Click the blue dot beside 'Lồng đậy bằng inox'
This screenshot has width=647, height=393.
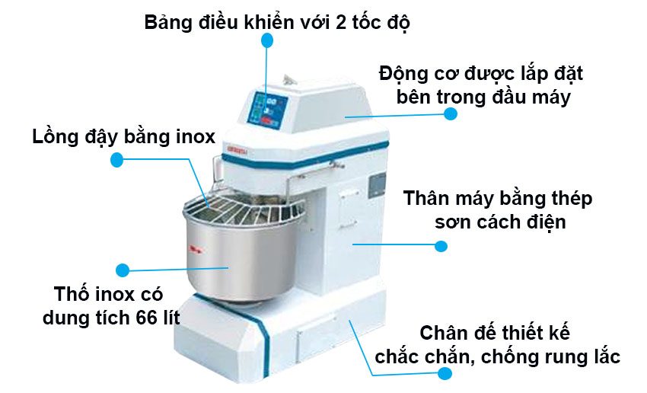click(116, 160)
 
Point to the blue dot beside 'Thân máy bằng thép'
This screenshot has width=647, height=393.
click(441, 246)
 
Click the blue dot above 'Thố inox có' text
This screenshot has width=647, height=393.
click(123, 269)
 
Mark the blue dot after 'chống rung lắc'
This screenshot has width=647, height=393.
click(445, 374)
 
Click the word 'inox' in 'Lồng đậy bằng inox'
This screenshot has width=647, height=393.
click(193, 137)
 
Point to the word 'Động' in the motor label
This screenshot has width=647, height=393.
click(401, 75)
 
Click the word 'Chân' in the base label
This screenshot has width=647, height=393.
click(445, 334)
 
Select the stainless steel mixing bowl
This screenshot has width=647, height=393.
click(228, 259)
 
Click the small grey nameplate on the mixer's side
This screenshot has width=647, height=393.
click(377, 185)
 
